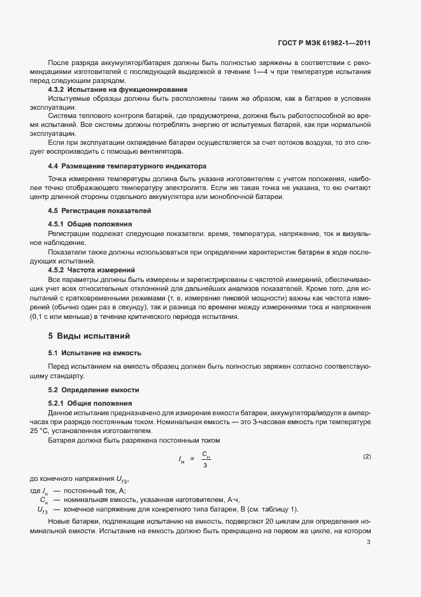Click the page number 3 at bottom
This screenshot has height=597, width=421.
tap(369, 543)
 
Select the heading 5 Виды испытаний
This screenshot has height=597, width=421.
tap(90, 335)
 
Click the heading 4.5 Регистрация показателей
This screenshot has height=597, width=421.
tap(99, 210)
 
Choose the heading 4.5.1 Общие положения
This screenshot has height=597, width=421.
tap(90, 225)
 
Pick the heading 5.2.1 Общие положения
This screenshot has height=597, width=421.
tap(90, 403)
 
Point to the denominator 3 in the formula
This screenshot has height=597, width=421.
tap(205, 465)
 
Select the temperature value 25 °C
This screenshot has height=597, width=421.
tap(39, 431)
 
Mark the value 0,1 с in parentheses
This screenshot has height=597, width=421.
tap(39, 317)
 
